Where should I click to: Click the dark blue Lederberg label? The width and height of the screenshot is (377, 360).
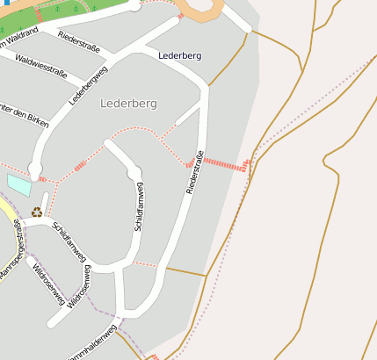click(179, 56)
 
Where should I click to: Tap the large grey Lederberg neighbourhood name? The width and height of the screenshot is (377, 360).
click(128, 104)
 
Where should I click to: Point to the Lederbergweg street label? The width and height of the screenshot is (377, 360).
click(88, 80)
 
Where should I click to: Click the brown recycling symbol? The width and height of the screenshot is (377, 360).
click(37, 212)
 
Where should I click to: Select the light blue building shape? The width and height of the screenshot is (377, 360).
click(18, 184)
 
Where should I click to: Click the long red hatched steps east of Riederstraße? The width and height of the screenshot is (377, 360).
click(228, 164)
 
